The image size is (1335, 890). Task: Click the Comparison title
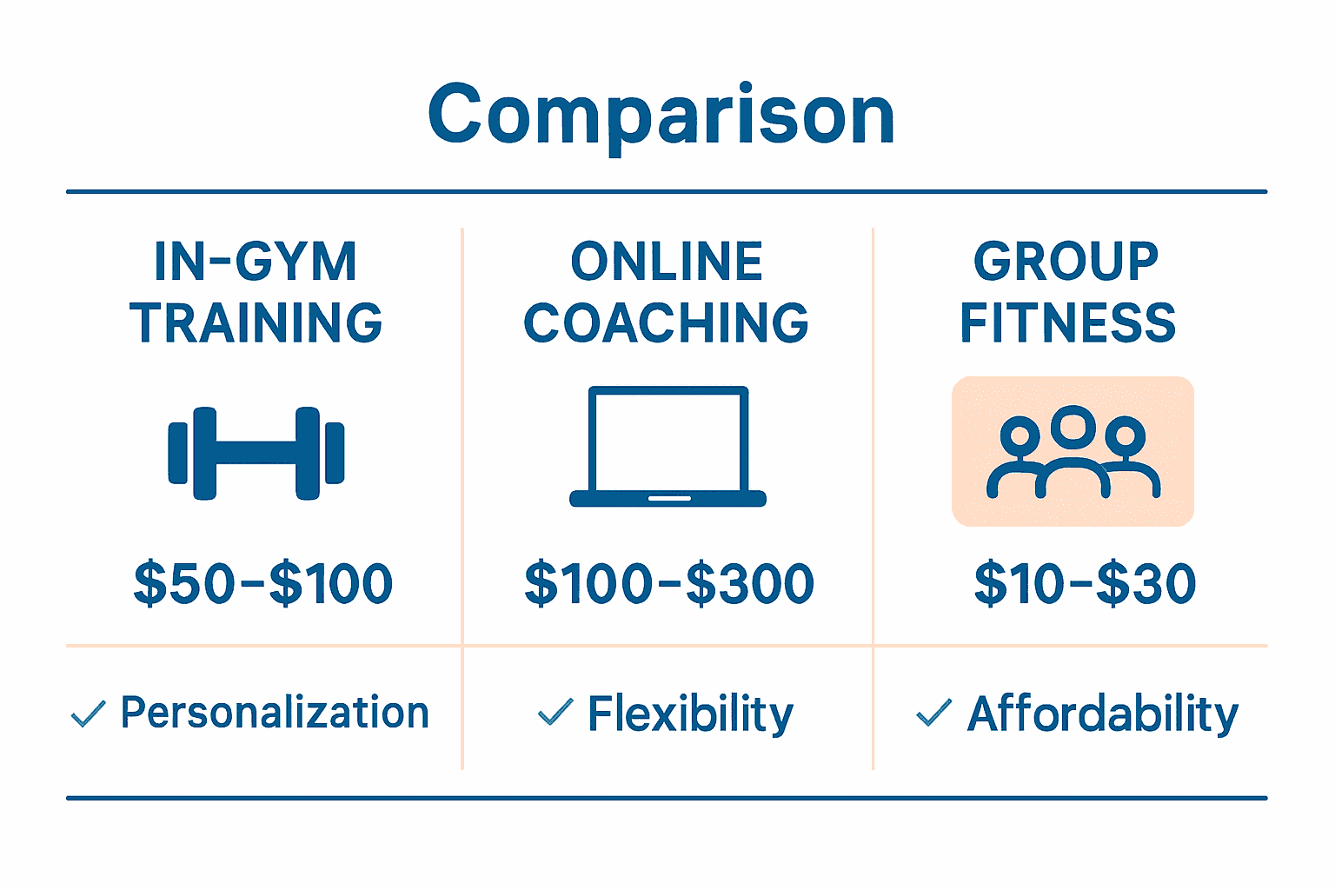pos(661,115)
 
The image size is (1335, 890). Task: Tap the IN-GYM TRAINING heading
pos(256,292)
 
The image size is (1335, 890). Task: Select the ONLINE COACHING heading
pos(667,292)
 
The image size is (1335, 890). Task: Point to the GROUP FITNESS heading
pos(1067,292)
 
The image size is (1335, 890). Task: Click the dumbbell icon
pos(256,453)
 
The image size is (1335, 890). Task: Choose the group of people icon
pos(1073,452)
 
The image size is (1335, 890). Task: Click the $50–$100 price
pos(263,583)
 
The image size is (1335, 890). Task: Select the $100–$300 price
pos(669,583)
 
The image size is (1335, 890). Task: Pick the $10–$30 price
pos(1085,583)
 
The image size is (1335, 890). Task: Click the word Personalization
pos(275,713)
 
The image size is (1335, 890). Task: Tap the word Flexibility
pos(690,714)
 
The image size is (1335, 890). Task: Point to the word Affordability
pos(1102,714)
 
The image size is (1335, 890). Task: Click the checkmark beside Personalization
pos(88,714)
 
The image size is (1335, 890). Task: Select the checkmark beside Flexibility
pos(555,713)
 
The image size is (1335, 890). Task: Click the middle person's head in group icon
pos(1073,423)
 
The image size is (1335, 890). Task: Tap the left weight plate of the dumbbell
pos(205,453)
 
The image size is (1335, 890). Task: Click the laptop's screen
pos(667,438)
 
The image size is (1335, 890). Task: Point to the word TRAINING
pos(256,323)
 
